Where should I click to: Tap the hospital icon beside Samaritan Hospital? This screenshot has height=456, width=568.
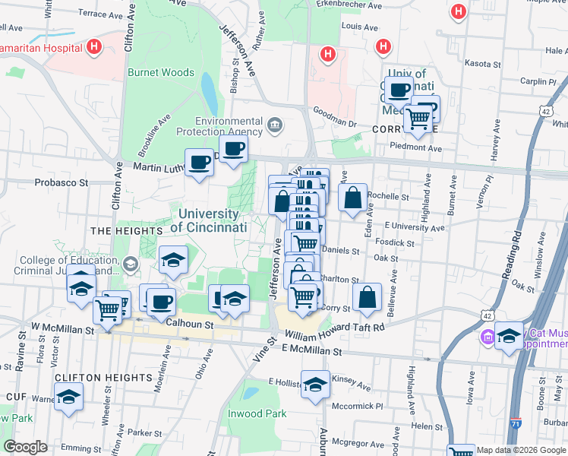click(x=93, y=48)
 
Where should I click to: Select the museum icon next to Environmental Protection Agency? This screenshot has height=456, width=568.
click(x=275, y=123)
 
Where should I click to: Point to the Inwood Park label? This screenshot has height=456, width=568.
click(x=257, y=413)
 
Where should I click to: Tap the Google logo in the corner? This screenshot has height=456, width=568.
click(x=25, y=447)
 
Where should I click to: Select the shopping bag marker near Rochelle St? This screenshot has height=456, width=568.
click(x=353, y=199)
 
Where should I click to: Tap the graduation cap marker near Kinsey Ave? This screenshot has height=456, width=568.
click(x=315, y=385)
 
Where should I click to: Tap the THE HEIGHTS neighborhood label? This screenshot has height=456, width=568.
click(x=116, y=230)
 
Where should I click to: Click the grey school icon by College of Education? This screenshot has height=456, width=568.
click(x=130, y=264)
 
